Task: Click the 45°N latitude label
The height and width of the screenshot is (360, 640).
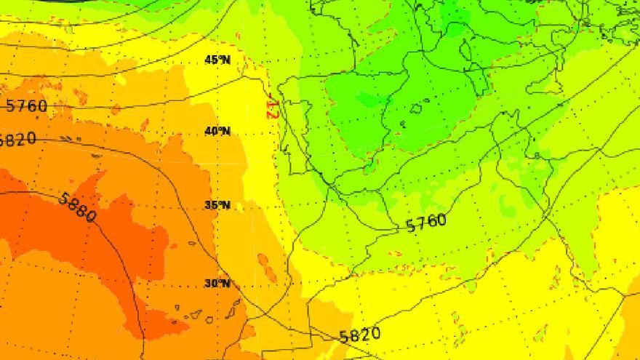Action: pos(217,60)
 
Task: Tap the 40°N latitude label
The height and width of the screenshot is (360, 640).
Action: pos(217,132)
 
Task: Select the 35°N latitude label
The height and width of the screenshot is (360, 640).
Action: pos(217,205)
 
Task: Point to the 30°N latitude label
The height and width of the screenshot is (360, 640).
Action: pos(217,283)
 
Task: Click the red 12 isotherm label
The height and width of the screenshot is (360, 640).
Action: pos(271,108)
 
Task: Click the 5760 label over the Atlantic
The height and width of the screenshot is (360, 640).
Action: pos(26,106)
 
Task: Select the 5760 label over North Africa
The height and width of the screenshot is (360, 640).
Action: pos(426,223)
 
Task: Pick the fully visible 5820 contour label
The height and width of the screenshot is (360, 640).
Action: pos(359,335)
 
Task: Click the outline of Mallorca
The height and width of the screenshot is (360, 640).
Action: pos(417,109)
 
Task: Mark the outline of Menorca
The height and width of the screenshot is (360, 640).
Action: pos(430,102)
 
